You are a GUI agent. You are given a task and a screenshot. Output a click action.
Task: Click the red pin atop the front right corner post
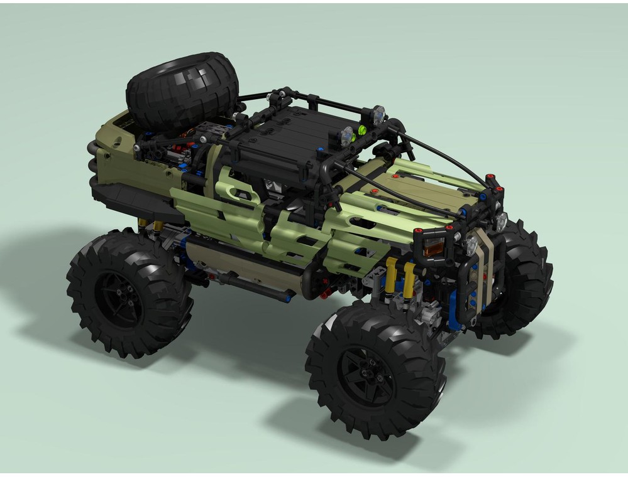click(490, 177)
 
